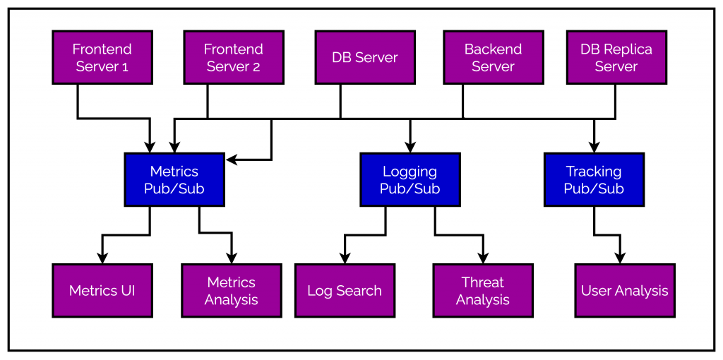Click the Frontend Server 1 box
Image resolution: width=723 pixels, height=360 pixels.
point(102,57)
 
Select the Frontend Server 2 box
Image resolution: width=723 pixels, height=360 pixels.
point(233,57)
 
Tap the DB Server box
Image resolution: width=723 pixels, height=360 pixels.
point(364,57)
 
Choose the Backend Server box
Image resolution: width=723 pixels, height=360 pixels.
point(493,57)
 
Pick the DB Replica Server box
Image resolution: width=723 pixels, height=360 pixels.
point(616,57)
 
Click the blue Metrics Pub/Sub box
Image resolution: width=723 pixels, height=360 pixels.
point(174,179)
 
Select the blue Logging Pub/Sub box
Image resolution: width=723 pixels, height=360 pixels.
point(410,179)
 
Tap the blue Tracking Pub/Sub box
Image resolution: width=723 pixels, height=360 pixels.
point(594,179)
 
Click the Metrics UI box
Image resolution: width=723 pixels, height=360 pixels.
point(102,290)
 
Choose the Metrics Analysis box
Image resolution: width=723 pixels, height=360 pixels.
point(231,290)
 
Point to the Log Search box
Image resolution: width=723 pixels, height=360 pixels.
point(345,290)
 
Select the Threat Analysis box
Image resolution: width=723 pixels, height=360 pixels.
point(482,290)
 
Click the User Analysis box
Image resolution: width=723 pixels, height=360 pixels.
point(624,290)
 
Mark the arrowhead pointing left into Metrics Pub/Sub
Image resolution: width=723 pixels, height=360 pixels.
point(231,160)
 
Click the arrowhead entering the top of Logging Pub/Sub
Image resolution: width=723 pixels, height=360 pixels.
point(410,148)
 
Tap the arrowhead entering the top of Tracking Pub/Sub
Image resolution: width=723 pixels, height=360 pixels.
point(594,148)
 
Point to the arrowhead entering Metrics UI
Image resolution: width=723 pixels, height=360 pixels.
point(102,258)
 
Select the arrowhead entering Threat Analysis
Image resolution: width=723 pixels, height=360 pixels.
point(483,258)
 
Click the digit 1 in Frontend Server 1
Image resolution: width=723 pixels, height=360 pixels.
point(125,67)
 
